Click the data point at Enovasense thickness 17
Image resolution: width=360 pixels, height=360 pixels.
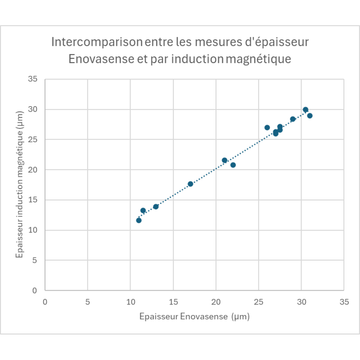(190, 184)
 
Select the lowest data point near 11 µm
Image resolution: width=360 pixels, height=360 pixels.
(139, 220)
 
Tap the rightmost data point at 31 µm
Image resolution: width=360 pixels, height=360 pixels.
(310, 116)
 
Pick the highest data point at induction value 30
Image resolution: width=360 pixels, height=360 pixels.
(305, 110)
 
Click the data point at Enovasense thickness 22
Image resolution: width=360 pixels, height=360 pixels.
(233, 165)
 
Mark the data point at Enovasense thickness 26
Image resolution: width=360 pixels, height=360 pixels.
(267, 127)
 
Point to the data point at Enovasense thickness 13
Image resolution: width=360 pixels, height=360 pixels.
(156, 207)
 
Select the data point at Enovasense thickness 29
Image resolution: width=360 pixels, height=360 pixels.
(293, 119)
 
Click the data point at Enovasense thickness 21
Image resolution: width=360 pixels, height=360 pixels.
(224, 160)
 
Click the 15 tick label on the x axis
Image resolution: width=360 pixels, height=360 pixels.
(173, 302)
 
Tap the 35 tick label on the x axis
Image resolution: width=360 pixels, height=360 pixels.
(344, 302)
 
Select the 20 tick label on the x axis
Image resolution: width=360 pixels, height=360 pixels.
(216, 302)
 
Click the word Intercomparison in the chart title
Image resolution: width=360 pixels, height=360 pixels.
(97, 42)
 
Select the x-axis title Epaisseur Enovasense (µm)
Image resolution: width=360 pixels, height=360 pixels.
(194, 316)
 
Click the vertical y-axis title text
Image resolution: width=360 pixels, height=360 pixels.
(19, 184)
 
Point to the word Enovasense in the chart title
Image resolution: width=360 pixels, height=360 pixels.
(101, 59)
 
